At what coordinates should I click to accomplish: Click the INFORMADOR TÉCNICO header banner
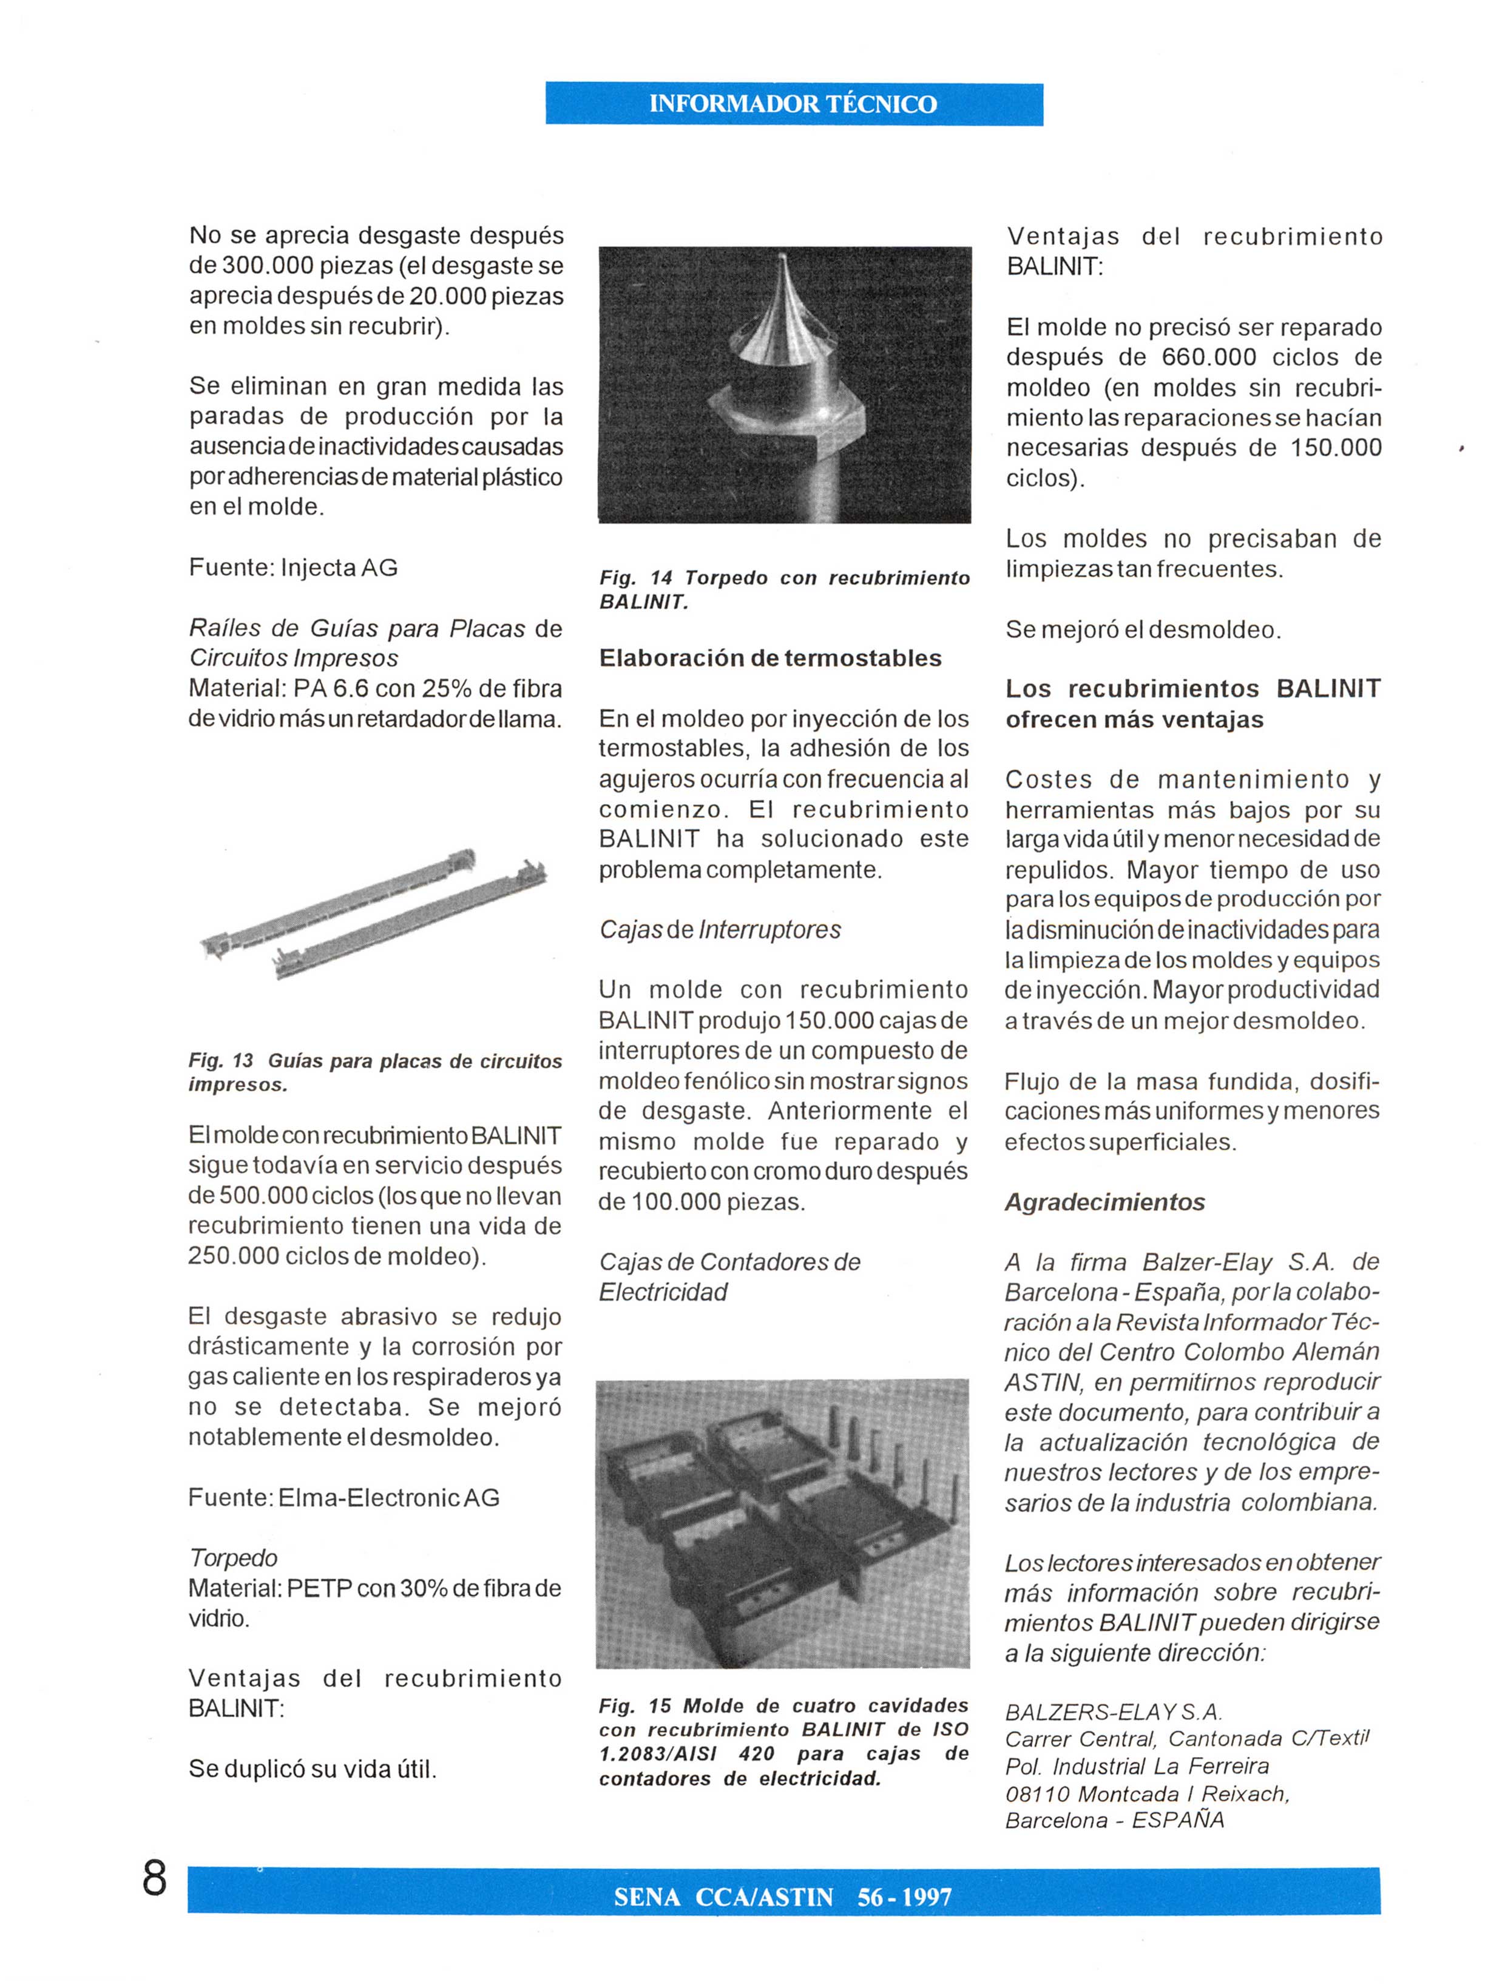click(x=793, y=104)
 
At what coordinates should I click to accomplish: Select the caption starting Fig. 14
click(x=784, y=589)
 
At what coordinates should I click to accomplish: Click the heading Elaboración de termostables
click(x=769, y=659)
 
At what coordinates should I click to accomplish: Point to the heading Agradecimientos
click(x=1104, y=1202)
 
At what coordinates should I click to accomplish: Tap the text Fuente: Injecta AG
click(x=293, y=567)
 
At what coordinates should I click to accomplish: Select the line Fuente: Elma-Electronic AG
click(x=343, y=1497)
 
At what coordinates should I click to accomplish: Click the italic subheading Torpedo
click(x=232, y=1557)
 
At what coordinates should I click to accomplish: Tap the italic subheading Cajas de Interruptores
click(x=719, y=930)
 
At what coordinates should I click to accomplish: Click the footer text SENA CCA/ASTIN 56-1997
click(x=782, y=1897)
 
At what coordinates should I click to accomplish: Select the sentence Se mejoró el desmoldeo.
click(x=1143, y=629)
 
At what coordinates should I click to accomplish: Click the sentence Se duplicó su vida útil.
click(x=312, y=1770)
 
